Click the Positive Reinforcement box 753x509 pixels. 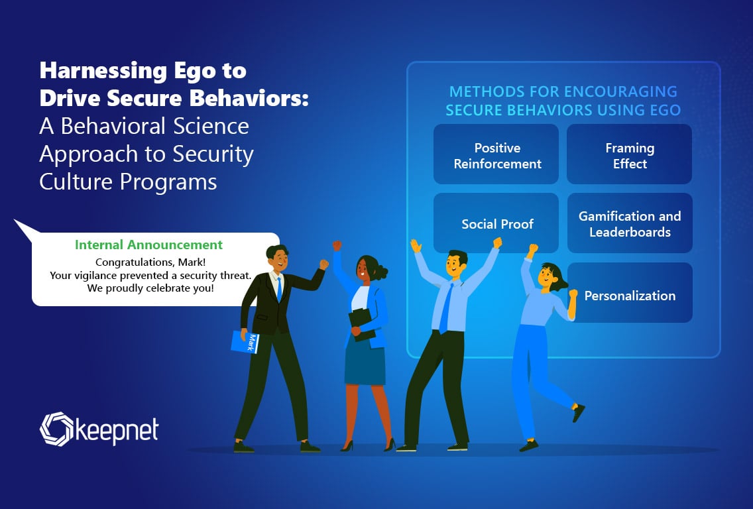496,154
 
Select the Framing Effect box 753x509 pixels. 629,154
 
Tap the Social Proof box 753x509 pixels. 496,223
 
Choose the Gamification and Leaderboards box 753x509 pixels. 630,223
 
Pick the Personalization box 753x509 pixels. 630,292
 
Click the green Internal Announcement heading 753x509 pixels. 148,245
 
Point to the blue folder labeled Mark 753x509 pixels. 245,342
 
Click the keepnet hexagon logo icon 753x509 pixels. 56,429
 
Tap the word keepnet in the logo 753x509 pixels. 117,431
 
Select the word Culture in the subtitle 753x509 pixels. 77,182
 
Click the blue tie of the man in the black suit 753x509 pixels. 279,289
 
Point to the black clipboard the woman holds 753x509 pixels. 362,324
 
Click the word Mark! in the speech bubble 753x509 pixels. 192,262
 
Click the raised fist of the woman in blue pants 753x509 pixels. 532,249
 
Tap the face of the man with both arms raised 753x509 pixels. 455,266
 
